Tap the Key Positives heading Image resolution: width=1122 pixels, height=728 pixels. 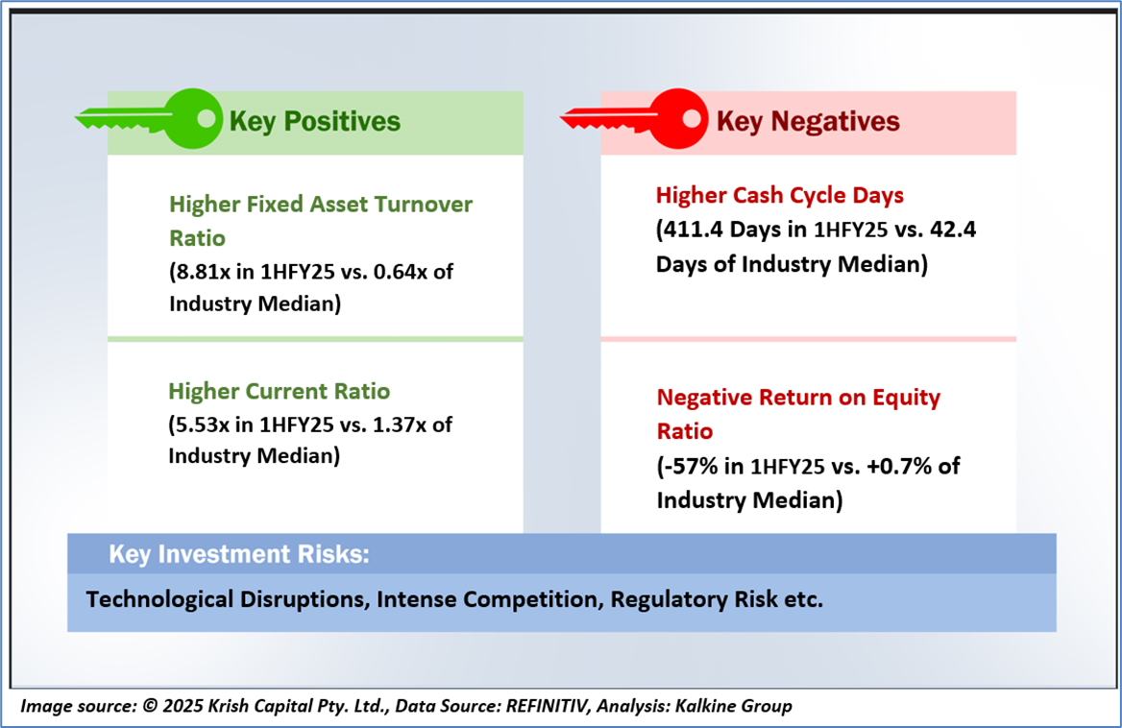pos(315,122)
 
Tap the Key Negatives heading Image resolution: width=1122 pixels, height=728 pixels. pos(808,122)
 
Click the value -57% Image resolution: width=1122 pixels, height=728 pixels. pos(690,466)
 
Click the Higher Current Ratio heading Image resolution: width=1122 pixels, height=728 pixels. pos(280,391)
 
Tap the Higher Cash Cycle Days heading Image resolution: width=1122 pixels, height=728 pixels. pos(780,195)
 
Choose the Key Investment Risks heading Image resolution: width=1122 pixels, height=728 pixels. pos(239,554)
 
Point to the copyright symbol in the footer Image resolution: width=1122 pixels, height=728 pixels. pos(150,707)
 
